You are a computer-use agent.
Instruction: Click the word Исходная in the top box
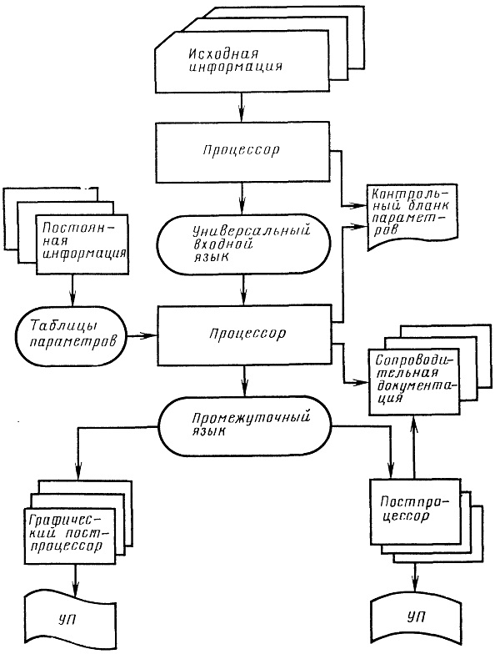tap(223, 54)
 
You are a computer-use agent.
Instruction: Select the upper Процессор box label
tap(241, 150)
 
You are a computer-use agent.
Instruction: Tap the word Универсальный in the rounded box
tap(252, 231)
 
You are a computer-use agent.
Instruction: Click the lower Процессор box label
tap(247, 334)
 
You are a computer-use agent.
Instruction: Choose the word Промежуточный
tap(251, 418)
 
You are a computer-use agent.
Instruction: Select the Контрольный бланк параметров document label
tap(411, 212)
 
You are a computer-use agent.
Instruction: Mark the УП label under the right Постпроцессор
tap(416, 617)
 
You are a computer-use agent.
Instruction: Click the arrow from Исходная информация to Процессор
tap(242, 108)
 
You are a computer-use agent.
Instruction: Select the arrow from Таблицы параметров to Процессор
tap(142, 335)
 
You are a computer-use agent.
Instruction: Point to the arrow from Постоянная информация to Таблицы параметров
tap(72, 291)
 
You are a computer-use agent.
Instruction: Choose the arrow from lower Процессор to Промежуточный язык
tap(244, 381)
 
